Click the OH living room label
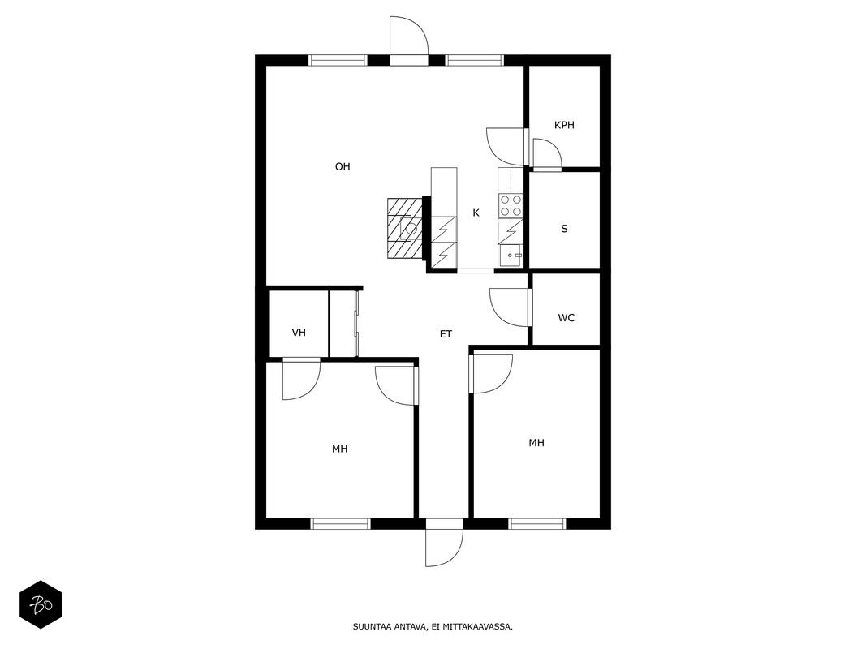[343, 166]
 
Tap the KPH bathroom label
[564, 125]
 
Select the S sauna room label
[564, 229]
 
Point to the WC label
[566, 318]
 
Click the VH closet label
[299, 333]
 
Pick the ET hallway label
[446, 334]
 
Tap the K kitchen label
[476, 213]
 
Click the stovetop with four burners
[511, 205]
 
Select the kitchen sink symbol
[511, 256]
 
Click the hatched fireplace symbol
[404, 228]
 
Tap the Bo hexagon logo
[41, 605]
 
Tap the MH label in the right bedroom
[536, 443]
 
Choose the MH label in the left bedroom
[339, 449]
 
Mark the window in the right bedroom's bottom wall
[537, 524]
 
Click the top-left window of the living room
[338, 60]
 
